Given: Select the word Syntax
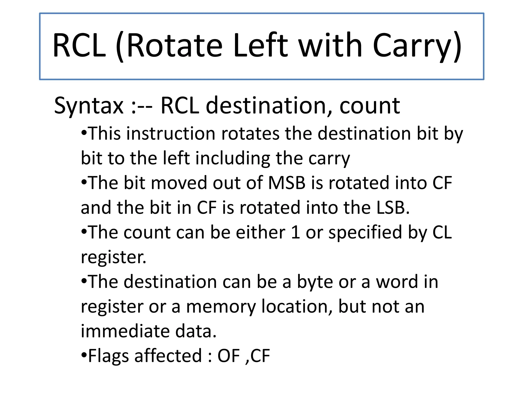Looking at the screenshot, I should click(89, 106).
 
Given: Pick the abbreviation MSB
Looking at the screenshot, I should click(287, 183).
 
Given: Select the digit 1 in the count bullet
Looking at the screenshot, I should click(295, 232).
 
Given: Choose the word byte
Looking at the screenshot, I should click(315, 282).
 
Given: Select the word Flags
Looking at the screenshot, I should click(108, 356).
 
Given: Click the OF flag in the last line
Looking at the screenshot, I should click(229, 356).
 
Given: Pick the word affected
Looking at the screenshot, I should click(168, 356).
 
